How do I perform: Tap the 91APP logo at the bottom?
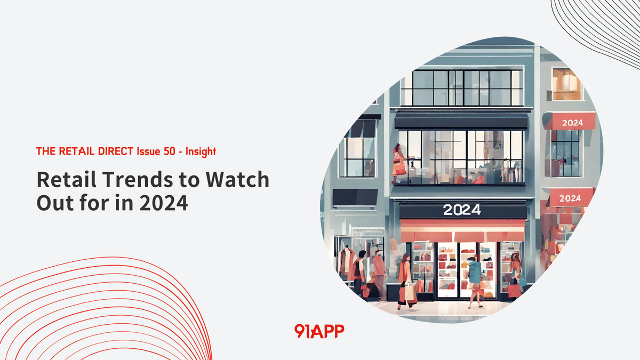(x=319, y=331)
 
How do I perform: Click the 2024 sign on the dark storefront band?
(x=462, y=210)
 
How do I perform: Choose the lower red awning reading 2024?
(x=570, y=198)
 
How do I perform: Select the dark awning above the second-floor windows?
(x=461, y=122)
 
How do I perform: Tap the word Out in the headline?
(x=53, y=203)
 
